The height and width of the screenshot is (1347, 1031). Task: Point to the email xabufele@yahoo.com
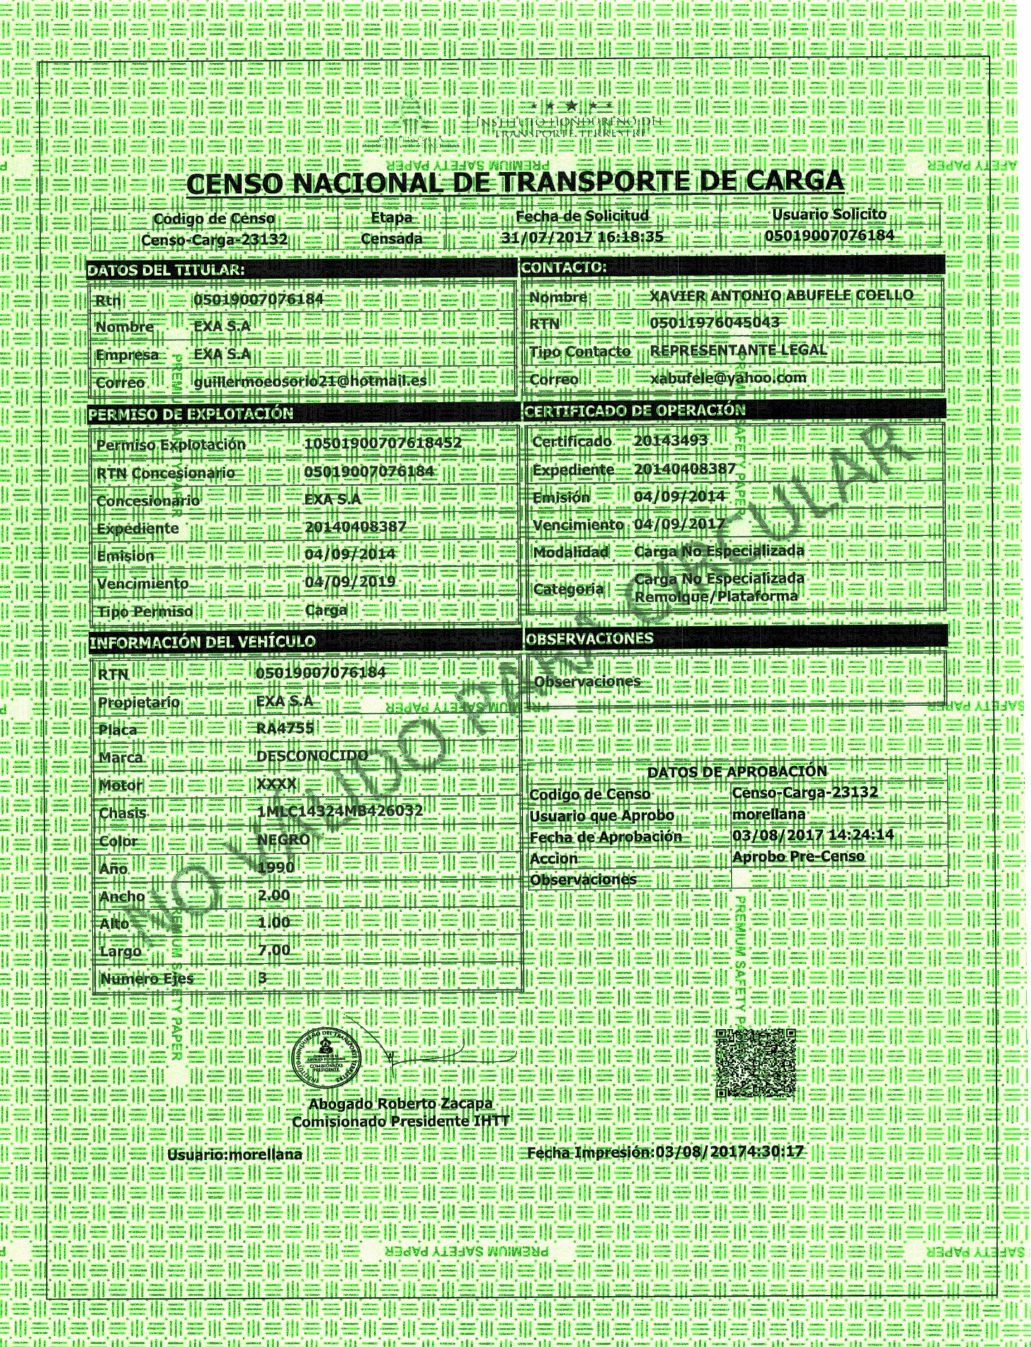point(728,378)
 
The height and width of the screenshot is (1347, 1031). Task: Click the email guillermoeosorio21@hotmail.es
point(310,381)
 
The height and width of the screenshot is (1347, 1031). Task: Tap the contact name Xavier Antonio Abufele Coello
point(781,296)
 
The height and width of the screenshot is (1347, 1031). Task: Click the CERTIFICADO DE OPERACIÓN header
point(634,410)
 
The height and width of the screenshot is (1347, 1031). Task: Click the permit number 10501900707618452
point(382,443)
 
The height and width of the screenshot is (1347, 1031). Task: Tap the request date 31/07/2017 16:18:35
point(582,237)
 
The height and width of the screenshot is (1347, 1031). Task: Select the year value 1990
point(276,867)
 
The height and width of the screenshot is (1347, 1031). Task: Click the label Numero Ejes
point(147,978)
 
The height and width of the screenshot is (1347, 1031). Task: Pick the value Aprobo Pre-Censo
point(798,856)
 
